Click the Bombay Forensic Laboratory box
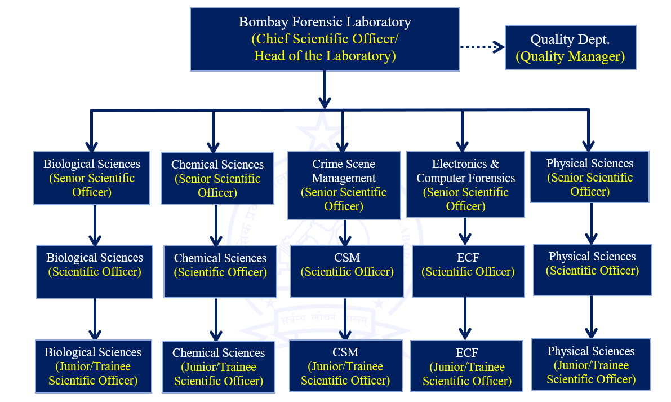click(325, 39)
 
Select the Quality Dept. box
click(571, 47)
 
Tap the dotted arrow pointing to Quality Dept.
click(482, 47)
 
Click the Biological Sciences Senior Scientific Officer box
click(92, 178)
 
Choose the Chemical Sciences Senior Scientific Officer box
click(217, 179)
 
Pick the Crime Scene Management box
click(344, 185)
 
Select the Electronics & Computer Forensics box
click(465, 184)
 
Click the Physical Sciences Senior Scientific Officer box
click(590, 177)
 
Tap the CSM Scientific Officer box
click(347, 271)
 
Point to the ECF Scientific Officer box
click(468, 271)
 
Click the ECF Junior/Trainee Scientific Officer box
click(467, 366)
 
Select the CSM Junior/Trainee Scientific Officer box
click(345, 365)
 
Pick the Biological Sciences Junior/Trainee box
click(94, 366)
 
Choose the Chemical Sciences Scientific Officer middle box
click(220, 272)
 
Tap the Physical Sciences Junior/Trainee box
click(591, 365)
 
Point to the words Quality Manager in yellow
click(571, 56)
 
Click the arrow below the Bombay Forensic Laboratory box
click(325, 90)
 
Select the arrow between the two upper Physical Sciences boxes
click(591, 223)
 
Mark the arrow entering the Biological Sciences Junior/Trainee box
click(95, 319)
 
